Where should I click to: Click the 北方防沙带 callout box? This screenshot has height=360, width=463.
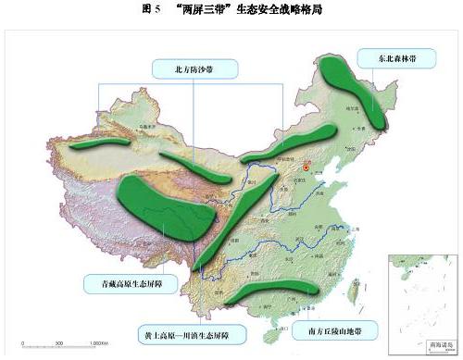pyautogui.click(x=194, y=68)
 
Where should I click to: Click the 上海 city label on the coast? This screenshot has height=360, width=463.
pyautogui.click(x=357, y=230)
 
